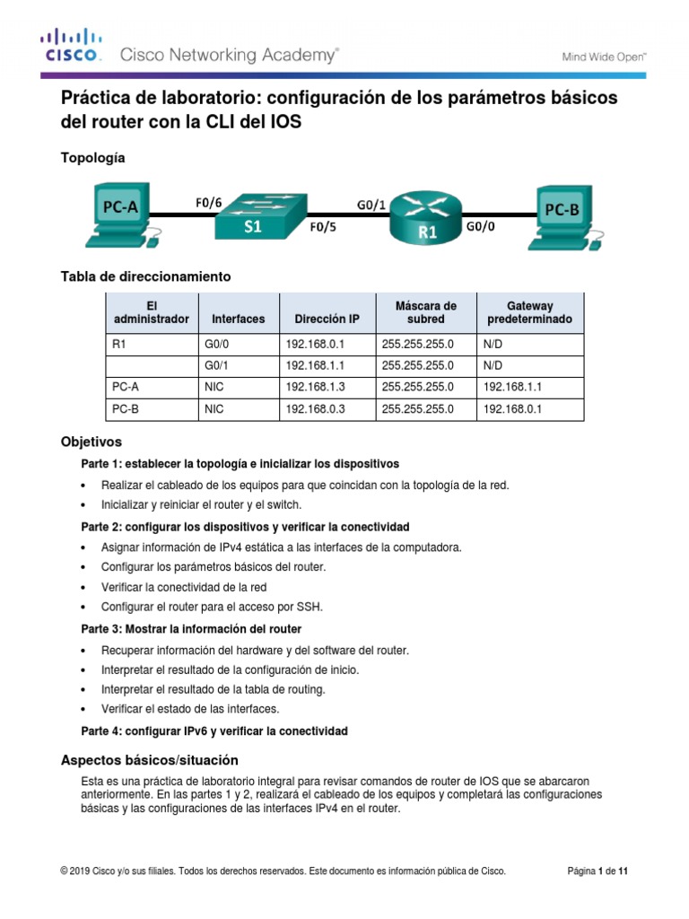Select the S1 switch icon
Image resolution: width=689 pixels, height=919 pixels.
(x=253, y=216)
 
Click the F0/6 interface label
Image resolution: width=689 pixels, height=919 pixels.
(x=208, y=203)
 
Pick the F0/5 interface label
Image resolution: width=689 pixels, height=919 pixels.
(x=324, y=228)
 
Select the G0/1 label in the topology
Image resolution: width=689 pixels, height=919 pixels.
(x=371, y=205)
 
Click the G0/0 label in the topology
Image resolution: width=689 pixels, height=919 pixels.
(x=481, y=228)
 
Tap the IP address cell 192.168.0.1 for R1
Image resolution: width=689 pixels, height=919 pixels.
(x=315, y=344)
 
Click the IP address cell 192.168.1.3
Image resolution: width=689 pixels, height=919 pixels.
(x=315, y=387)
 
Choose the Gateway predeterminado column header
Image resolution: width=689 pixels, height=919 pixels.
(x=529, y=312)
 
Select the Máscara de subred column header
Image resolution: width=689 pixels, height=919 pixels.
(x=425, y=312)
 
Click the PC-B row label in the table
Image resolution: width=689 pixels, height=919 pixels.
(x=126, y=408)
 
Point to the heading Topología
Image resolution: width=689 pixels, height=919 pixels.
(x=92, y=158)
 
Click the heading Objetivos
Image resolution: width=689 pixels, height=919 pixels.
(x=91, y=442)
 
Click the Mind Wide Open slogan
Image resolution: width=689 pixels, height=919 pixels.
(x=604, y=56)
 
